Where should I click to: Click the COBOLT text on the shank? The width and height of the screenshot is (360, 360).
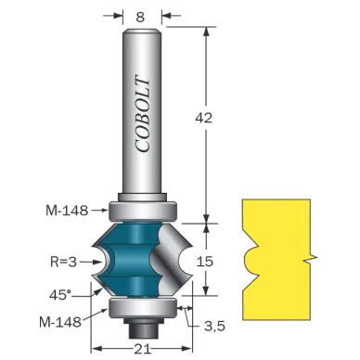pyautogui.click(x=143, y=114)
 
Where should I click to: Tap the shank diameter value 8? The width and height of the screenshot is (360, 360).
pyautogui.click(x=140, y=18)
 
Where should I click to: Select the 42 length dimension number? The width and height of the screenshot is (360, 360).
pyautogui.click(x=203, y=118)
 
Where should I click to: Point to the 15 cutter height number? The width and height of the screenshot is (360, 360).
pyautogui.click(x=205, y=262)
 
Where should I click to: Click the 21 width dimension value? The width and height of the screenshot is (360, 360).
pyautogui.click(x=143, y=350)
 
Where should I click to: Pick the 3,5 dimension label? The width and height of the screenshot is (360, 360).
pyautogui.click(x=214, y=326)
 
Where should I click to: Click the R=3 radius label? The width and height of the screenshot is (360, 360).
pyautogui.click(x=63, y=263)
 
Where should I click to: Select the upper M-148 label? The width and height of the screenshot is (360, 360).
pyautogui.click(x=67, y=211)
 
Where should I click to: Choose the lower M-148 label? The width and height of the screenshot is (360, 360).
pyautogui.click(x=60, y=322)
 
